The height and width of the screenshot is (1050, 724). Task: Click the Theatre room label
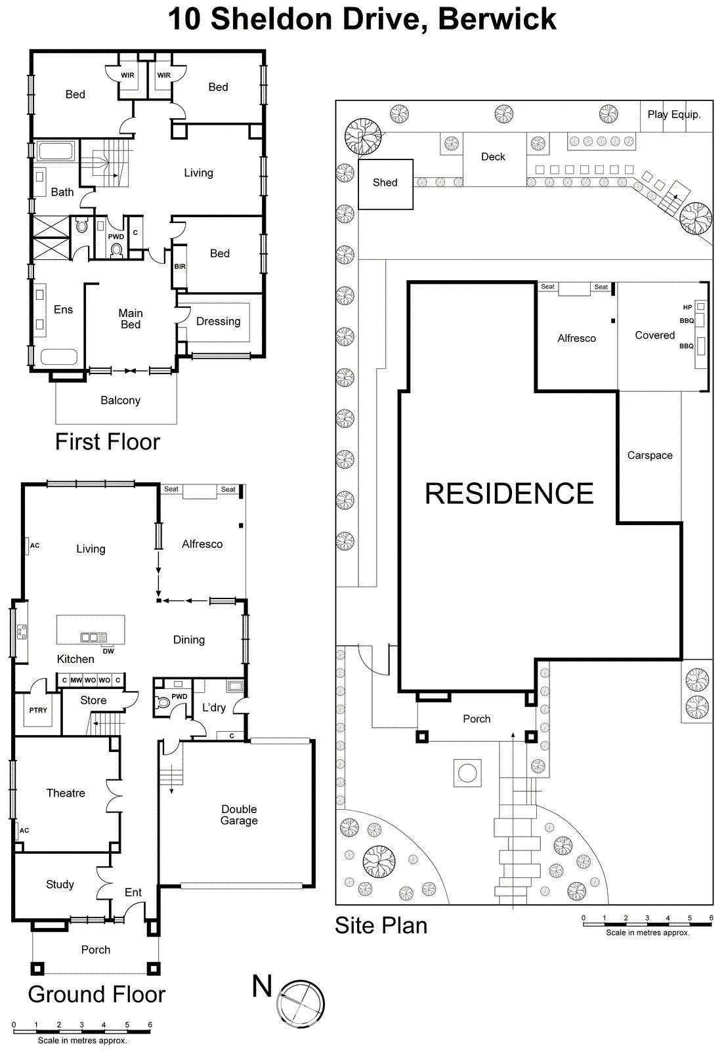(66, 793)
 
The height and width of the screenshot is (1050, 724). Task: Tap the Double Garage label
(239, 814)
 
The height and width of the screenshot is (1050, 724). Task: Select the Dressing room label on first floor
(218, 321)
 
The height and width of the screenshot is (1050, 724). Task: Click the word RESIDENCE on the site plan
(509, 493)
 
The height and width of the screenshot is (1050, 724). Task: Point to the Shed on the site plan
(385, 183)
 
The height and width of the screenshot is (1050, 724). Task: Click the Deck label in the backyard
(493, 157)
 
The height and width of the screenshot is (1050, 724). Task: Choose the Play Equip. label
(674, 114)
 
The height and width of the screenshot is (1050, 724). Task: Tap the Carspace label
(650, 455)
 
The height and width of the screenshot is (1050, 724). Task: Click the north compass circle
(301, 1004)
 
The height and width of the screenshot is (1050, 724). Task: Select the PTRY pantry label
(38, 710)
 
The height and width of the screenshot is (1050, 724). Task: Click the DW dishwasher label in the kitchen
(108, 651)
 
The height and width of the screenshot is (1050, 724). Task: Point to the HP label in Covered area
(687, 307)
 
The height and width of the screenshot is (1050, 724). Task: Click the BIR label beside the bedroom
(180, 266)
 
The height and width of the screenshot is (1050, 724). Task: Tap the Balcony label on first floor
(120, 400)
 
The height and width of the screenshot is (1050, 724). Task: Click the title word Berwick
(497, 18)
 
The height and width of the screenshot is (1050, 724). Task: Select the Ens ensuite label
(63, 309)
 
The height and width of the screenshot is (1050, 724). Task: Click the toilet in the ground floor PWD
(161, 703)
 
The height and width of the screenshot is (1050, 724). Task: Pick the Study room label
(60, 884)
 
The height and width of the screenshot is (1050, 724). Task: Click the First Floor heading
(108, 442)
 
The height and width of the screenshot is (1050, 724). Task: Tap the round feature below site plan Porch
(467, 773)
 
